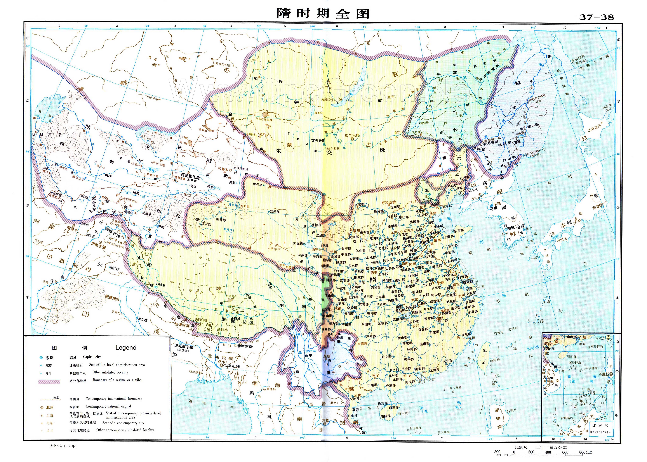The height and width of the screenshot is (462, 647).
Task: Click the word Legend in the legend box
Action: click(x=126, y=347)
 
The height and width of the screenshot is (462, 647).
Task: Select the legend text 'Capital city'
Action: click(x=92, y=357)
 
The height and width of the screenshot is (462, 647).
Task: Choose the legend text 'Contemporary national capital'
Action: click(x=108, y=406)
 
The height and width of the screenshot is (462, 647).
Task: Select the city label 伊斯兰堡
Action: click(x=98, y=244)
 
